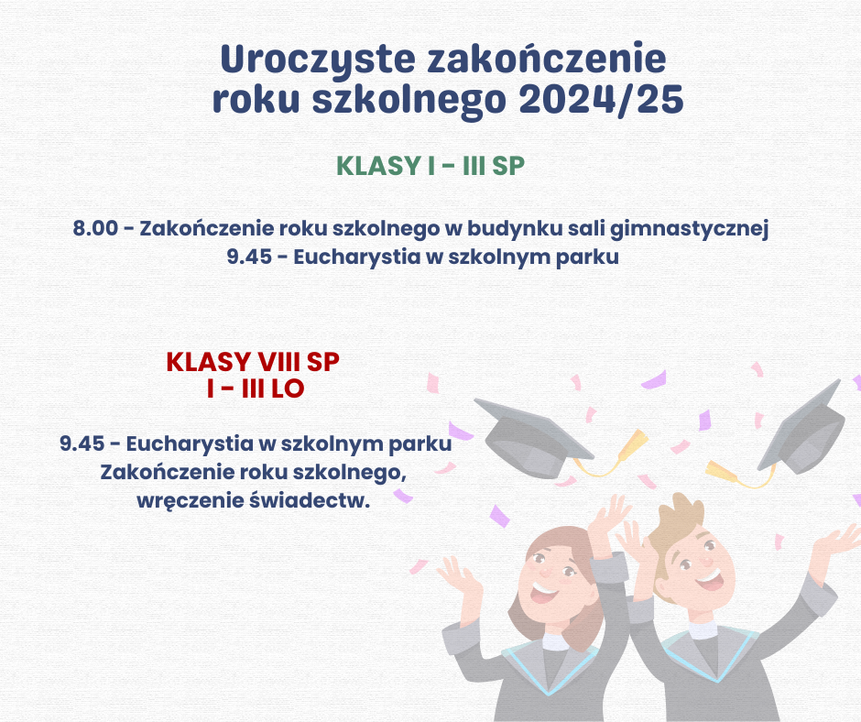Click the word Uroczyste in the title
tap(318, 60)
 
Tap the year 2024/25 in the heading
tap(601, 100)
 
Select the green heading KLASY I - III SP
tap(430, 166)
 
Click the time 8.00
tap(95, 228)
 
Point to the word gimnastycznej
tap(689, 229)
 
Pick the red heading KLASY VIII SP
tap(253, 362)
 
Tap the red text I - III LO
tap(256, 388)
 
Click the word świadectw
tap(310, 500)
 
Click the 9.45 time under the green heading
tap(249, 257)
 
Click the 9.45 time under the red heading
tap(82, 443)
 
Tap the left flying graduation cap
tap(533, 438)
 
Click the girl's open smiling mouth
tap(543, 592)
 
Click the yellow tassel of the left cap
tap(631, 445)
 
